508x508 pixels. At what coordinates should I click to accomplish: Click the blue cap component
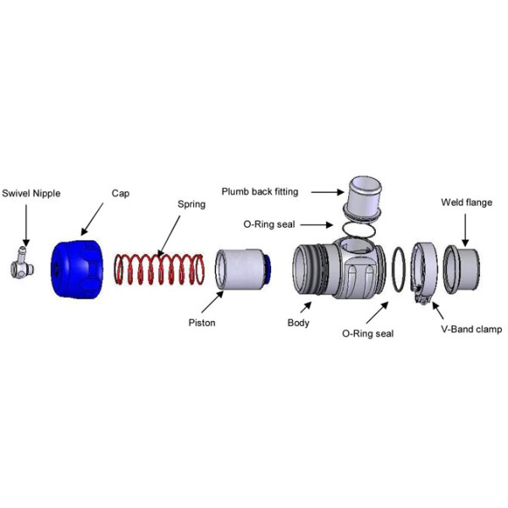[77, 269]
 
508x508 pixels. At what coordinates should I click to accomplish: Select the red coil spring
[159, 269]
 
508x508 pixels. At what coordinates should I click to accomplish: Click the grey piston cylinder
[240, 269]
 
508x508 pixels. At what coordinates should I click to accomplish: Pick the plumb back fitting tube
[362, 198]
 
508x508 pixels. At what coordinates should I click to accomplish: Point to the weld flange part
[461, 269]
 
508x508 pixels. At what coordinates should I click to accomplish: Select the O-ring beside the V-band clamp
[399, 269]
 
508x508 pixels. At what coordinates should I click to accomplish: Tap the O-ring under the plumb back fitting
[359, 229]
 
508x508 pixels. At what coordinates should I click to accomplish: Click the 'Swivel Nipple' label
[31, 193]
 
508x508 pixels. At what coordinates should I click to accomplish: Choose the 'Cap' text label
[120, 194]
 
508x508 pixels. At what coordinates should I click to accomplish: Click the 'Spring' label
[191, 204]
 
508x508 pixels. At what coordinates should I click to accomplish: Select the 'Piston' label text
[202, 323]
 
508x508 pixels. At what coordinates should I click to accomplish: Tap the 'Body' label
[298, 323]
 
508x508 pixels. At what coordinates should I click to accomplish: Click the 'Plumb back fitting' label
[260, 192]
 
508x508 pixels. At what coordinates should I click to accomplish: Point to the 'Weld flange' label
[467, 202]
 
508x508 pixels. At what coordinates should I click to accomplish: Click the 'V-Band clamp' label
[472, 329]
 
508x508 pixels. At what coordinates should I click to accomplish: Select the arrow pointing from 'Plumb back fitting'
[328, 192]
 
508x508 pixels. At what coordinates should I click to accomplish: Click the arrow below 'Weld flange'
[465, 230]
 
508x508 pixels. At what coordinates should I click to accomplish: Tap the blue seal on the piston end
[268, 269]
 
